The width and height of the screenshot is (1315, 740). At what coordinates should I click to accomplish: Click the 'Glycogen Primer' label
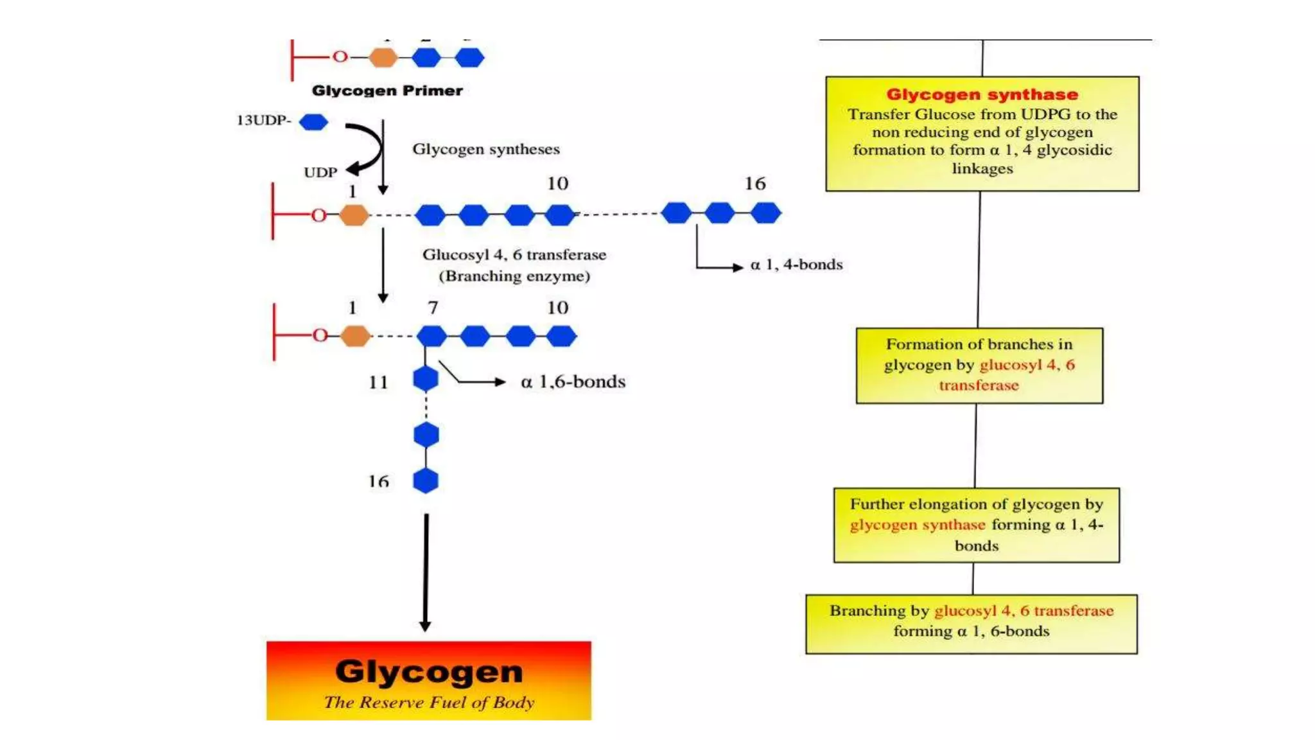[x=387, y=91]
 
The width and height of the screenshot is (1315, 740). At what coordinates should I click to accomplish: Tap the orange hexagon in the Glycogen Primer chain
[x=383, y=58]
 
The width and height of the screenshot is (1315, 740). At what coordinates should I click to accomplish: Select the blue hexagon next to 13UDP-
[x=313, y=121]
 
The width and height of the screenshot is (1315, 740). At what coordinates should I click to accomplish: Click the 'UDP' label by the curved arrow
[x=320, y=172]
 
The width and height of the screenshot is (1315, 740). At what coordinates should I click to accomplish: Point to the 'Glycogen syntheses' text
[x=485, y=149]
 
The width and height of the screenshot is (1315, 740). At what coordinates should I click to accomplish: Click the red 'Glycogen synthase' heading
[x=982, y=94]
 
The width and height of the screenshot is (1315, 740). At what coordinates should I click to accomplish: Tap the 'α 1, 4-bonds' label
[x=796, y=265]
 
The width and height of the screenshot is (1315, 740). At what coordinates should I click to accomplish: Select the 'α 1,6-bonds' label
[x=573, y=382]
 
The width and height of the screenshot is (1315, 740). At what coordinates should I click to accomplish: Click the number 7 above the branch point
[x=433, y=308]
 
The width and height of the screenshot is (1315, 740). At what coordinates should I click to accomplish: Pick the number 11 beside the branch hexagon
[x=378, y=383]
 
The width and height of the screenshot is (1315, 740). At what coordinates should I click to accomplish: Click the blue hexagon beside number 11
[x=426, y=379]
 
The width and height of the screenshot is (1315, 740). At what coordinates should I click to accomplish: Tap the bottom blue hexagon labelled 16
[x=426, y=480]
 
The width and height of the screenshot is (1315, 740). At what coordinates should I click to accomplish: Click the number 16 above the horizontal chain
[x=755, y=184]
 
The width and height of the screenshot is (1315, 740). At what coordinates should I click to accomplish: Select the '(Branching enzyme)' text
[x=514, y=276]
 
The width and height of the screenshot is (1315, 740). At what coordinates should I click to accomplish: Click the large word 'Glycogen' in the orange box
[x=428, y=672]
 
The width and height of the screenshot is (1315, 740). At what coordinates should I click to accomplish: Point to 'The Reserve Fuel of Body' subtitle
[x=428, y=702]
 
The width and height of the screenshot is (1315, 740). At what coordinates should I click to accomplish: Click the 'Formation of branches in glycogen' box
[x=979, y=365]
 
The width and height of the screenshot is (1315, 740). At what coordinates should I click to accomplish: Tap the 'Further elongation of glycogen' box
[x=976, y=525]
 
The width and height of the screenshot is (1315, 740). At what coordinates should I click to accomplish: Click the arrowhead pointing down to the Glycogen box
[x=425, y=626]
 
